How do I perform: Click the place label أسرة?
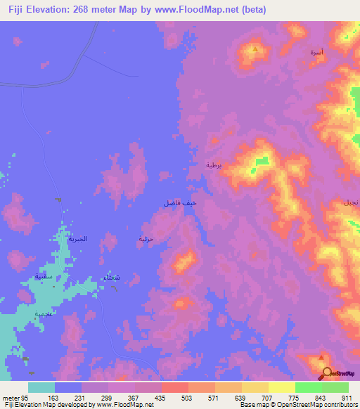click(317, 53)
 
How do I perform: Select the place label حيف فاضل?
click(176, 202)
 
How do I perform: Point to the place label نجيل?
click(350, 202)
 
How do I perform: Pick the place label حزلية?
click(145, 239)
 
